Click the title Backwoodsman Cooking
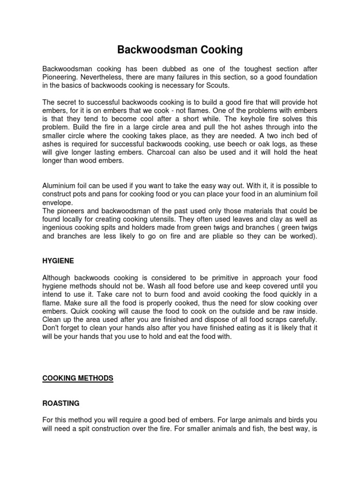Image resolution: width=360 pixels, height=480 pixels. (x=180, y=49)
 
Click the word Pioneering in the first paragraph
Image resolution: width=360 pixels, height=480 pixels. (x=59, y=77)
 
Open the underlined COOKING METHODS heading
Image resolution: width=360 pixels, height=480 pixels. (x=78, y=378)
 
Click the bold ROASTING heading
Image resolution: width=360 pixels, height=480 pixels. (x=61, y=403)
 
